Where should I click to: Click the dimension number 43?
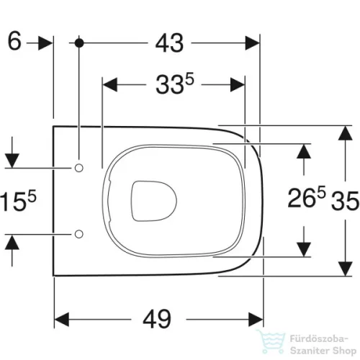click(x=169, y=43)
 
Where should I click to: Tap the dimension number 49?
click(x=157, y=319)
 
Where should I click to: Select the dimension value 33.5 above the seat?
click(x=175, y=84)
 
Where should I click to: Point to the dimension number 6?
click(x=14, y=41)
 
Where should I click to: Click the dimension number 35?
click(x=345, y=201)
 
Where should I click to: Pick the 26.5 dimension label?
click(x=307, y=197)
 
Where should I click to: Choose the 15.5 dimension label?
click(x=18, y=201)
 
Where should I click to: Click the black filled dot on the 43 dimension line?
click(x=79, y=43)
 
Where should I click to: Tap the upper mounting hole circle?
click(x=78, y=168)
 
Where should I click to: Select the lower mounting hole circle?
click(x=79, y=234)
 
